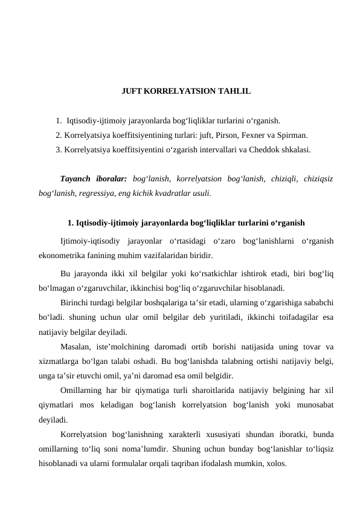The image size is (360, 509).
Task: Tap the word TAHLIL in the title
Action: pos(235,92)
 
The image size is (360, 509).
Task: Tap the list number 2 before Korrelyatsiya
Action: pos(58,135)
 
